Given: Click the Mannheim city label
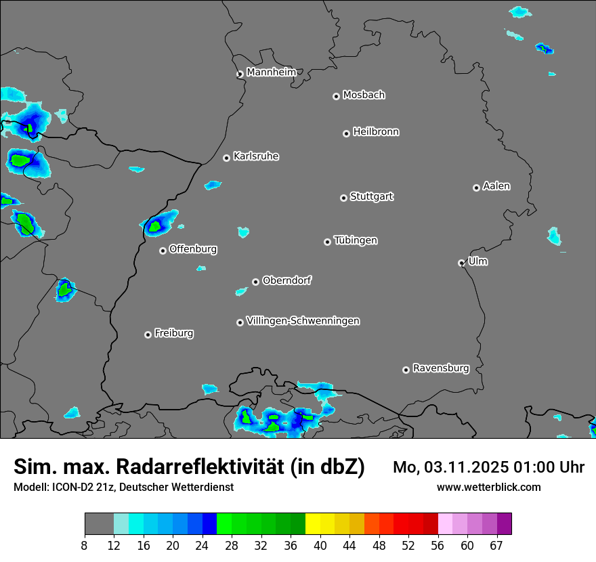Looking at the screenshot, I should [x=271, y=72].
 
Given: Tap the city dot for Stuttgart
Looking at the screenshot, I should [x=343, y=198].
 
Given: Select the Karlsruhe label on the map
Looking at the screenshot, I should [x=256, y=156].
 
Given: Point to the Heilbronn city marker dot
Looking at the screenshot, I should [x=346, y=133].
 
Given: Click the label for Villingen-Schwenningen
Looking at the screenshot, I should [x=303, y=321].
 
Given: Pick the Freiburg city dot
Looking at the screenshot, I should [x=148, y=334].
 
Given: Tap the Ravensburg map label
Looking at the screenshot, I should [x=441, y=368].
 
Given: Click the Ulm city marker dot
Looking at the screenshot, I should [x=461, y=263].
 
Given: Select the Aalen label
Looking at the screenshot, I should [x=496, y=186].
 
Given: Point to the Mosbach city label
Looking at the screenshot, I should [x=364, y=95].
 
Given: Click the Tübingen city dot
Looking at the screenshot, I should [x=327, y=242].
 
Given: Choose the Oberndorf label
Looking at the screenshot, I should [x=286, y=280].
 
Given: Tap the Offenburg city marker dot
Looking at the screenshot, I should [x=163, y=251].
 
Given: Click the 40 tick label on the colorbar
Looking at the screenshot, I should [x=320, y=546].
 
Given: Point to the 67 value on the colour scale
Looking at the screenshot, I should [x=496, y=546].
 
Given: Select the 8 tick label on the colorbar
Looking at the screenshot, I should [x=84, y=546].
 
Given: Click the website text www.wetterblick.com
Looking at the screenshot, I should [x=488, y=487].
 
